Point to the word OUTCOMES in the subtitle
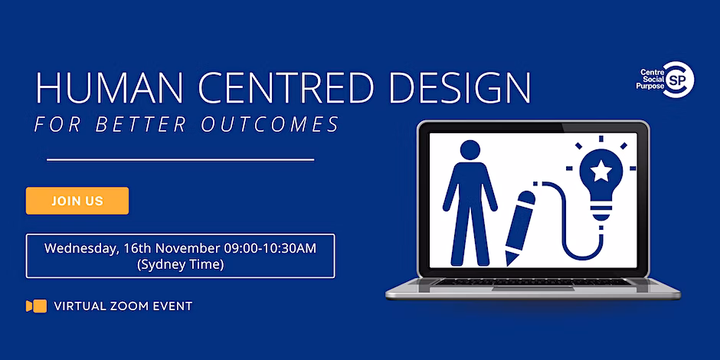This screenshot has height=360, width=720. click(276, 124)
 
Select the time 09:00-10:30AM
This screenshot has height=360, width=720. click(270, 248)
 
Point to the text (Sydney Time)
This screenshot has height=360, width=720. click(181, 265)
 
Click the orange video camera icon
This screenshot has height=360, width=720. click(36, 306)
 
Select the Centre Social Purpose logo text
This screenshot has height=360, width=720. click(650, 79)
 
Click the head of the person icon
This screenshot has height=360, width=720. click(470, 150)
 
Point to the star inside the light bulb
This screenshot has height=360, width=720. click(601, 172)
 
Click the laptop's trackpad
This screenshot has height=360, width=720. click(532, 289)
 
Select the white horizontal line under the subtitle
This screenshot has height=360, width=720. click(181, 160)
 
